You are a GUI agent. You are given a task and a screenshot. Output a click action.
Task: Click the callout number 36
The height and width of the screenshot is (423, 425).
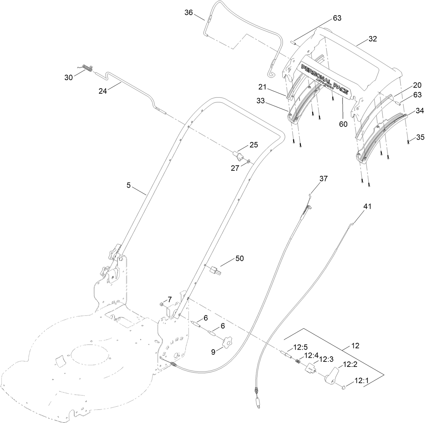pyautogui.click(x=189, y=13)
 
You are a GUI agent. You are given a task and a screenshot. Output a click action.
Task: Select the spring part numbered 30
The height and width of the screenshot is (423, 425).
pyautogui.click(x=88, y=69)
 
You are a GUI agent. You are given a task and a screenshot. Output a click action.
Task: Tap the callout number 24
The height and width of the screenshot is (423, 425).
pyautogui.click(x=103, y=91)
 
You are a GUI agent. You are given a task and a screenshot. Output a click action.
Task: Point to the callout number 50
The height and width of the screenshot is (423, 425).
pyautogui.click(x=240, y=258)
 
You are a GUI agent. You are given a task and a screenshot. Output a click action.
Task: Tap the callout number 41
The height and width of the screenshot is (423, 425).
pyautogui.click(x=367, y=206)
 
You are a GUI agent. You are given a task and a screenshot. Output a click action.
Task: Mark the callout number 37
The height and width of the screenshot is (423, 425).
pyautogui.click(x=323, y=179)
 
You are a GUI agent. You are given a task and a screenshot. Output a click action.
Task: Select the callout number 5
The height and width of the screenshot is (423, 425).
pyautogui.click(x=129, y=185)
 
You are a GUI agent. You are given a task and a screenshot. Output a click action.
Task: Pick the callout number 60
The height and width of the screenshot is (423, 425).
pyautogui.click(x=343, y=124)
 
